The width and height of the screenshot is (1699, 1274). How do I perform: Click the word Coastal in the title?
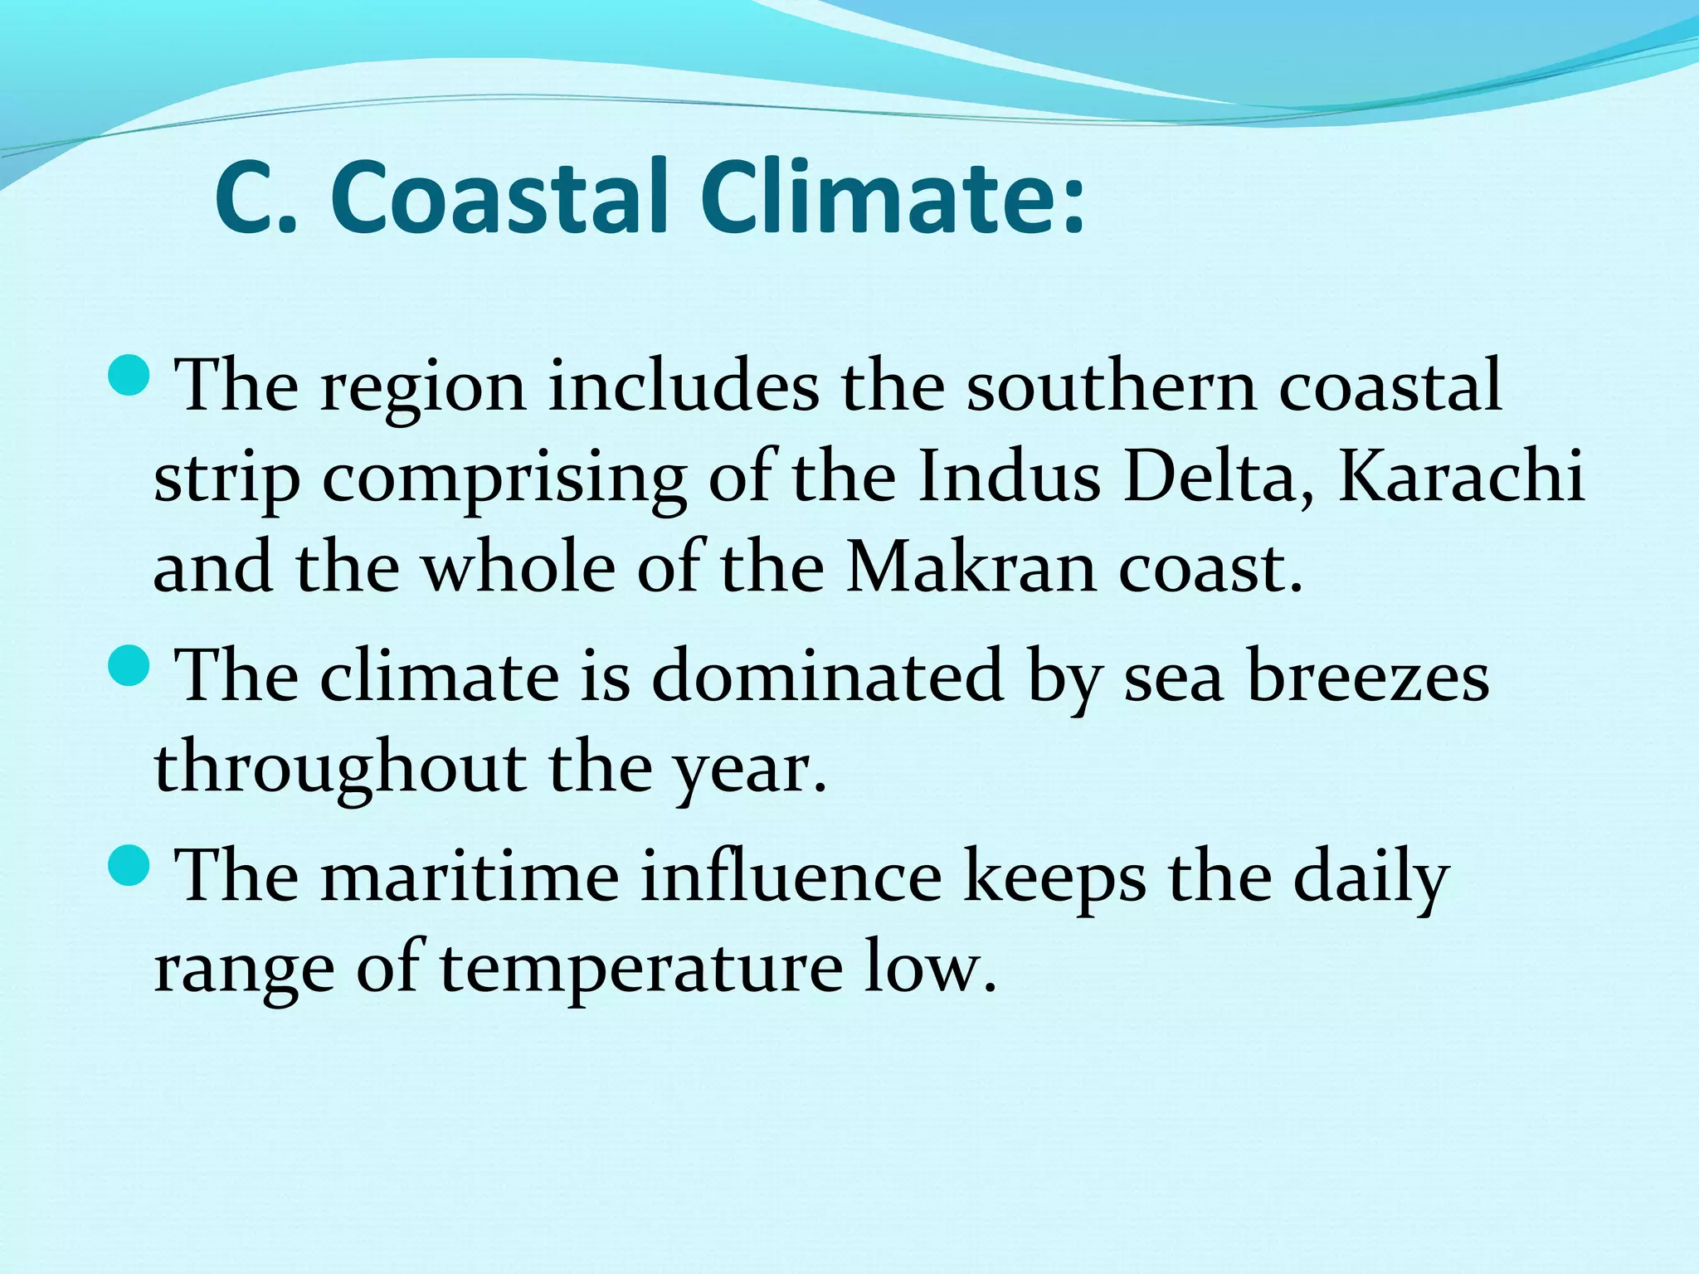point(499,199)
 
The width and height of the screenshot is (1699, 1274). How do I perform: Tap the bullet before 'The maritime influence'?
point(129,866)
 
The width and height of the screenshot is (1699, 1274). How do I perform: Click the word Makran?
point(971,571)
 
